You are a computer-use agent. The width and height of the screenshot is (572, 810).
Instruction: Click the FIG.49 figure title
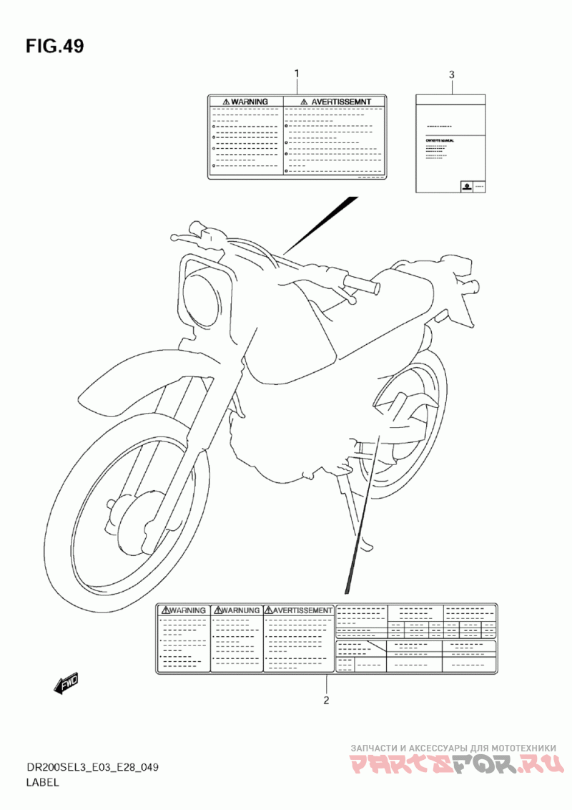pyautogui.click(x=55, y=47)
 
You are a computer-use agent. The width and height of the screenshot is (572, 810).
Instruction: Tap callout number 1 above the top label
pyautogui.click(x=297, y=74)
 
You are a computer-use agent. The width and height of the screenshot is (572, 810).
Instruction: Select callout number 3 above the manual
pyautogui.click(x=451, y=74)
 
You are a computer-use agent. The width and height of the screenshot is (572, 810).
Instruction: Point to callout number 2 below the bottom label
pyautogui.click(x=326, y=700)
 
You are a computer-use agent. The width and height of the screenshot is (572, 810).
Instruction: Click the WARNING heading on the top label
pyautogui.click(x=245, y=102)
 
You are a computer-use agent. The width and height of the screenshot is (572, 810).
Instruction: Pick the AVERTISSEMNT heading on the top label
pyautogui.click(x=335, y=102)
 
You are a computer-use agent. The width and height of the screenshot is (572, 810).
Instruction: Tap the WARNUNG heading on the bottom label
pyautogui.click(x=237, y=610)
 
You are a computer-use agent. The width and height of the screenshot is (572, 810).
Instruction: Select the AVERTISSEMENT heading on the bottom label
pyautogui.click(x=299, y=610)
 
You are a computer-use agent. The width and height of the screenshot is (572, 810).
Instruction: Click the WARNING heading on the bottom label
pyautogui.click(x=184, y=610)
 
